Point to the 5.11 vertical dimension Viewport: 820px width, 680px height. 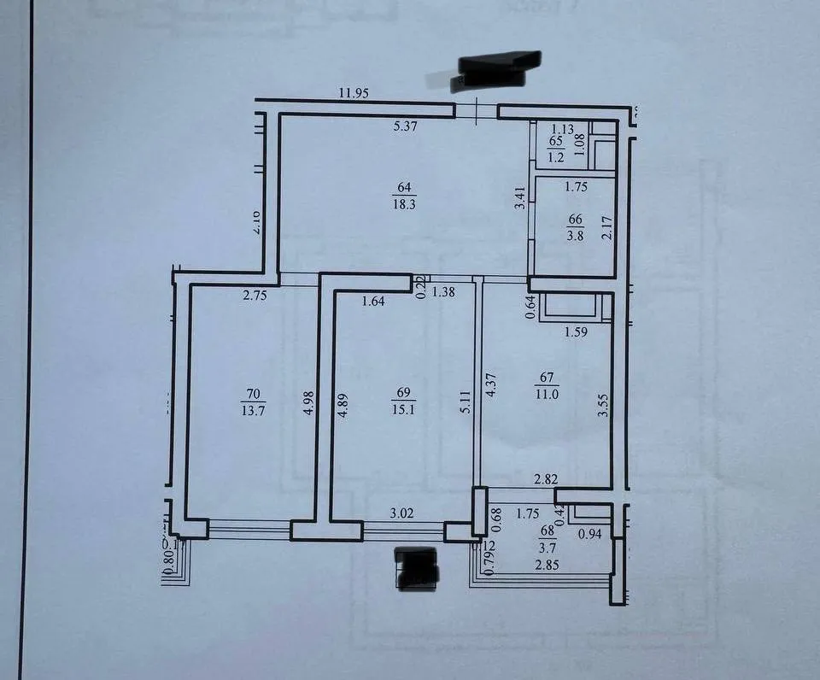[466, 402]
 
